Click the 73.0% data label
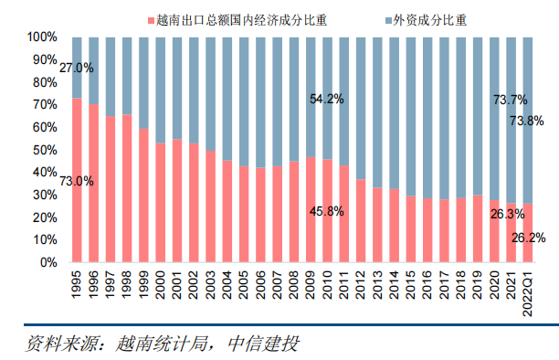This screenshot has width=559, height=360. click(77, 181)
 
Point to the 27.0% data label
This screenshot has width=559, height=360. click(77, 68)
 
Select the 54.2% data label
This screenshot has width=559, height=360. click(326, 99)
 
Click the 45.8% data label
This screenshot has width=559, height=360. click(326, 211)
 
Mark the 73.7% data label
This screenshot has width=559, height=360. click(510, 99)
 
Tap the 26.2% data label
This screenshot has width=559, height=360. click(528, 238)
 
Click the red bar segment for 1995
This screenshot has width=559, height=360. click(77, 219)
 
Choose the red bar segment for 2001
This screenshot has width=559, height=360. click(177, 201)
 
